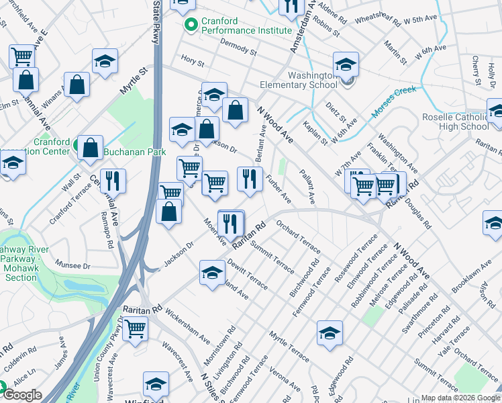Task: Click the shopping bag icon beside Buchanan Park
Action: [89, 147]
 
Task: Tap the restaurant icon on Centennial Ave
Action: [113, 180]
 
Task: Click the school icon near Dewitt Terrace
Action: [212, 273]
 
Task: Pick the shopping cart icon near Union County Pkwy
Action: [135, 329]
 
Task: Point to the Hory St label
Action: [193, 61]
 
